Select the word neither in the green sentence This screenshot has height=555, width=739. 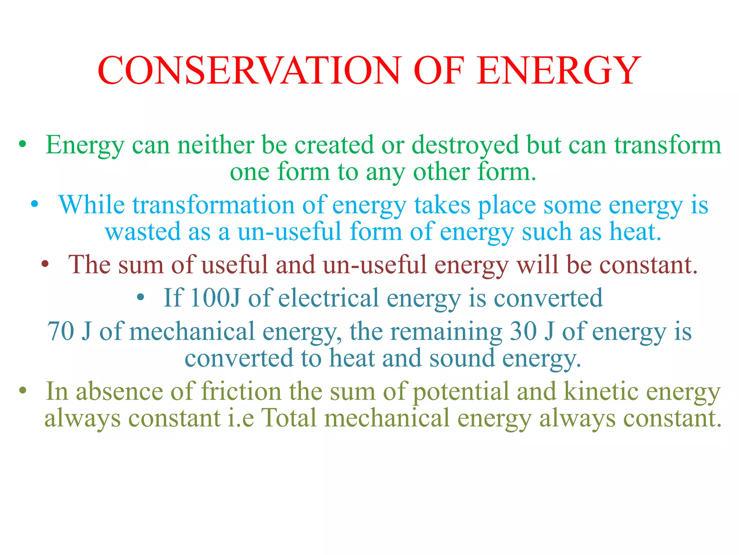pyautogui.click(x=215, y=145)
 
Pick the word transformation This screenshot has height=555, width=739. pyautogui.click(x=213, y=205)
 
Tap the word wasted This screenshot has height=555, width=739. pyautogui.click(x=143, y=232)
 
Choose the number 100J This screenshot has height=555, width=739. pyautogui.click(x=215, y=298)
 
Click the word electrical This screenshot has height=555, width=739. pyautogui.click(x=328, y=298)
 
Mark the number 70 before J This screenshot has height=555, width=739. pyautogui.click(x=60, y=331)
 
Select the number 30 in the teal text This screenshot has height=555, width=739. pyautogui.click(x=523, y=331)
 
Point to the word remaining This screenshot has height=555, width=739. pyautogui.click(x=446, y=331)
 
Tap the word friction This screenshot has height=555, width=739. pyautogui.click(x=241, y=391)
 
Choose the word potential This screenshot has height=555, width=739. pyautogui.click(x=460, y=391)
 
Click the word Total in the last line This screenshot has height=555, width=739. pyautogui.click(x=288, y=418)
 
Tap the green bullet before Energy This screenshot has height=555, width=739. pyautogui.click(x=23, y=145)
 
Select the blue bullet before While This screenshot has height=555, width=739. pyautogui.click(x=35, y=205)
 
